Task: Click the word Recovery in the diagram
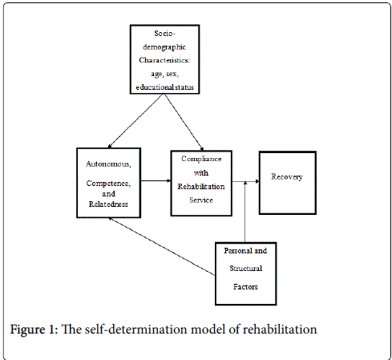(287, 177)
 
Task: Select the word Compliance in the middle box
(201, 159)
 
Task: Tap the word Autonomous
(108, 164)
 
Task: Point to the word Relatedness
(108, 204)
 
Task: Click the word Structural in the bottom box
(246, 268)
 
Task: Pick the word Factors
(245, 287)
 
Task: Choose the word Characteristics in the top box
(164, 60)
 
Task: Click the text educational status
(165, 87)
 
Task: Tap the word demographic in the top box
(164, 47)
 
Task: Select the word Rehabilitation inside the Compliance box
(201, 187)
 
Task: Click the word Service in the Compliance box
(201, 200)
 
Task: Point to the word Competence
(108, 184)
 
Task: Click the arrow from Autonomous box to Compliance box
(156, 181)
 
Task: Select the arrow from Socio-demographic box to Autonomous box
(135, 120)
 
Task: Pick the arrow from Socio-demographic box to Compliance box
(184, 122)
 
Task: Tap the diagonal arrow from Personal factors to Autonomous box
(162, 246)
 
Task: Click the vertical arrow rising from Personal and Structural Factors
(245, 212)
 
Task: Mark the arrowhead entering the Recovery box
(257, 181)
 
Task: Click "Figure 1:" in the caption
(34, 330)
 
